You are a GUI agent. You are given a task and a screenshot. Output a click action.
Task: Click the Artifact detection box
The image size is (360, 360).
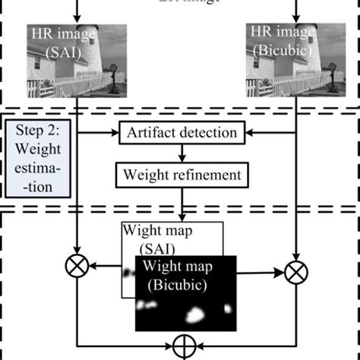coord(182,134)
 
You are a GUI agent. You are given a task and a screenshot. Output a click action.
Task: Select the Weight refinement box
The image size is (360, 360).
coord(182,175)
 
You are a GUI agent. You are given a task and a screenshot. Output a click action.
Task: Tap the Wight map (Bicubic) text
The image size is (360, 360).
coord(185,274)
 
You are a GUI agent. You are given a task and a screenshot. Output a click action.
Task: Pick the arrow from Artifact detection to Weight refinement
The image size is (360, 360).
coord(182,154)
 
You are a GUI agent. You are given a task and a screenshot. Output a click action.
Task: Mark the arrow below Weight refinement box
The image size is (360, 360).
coord(182,204)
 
